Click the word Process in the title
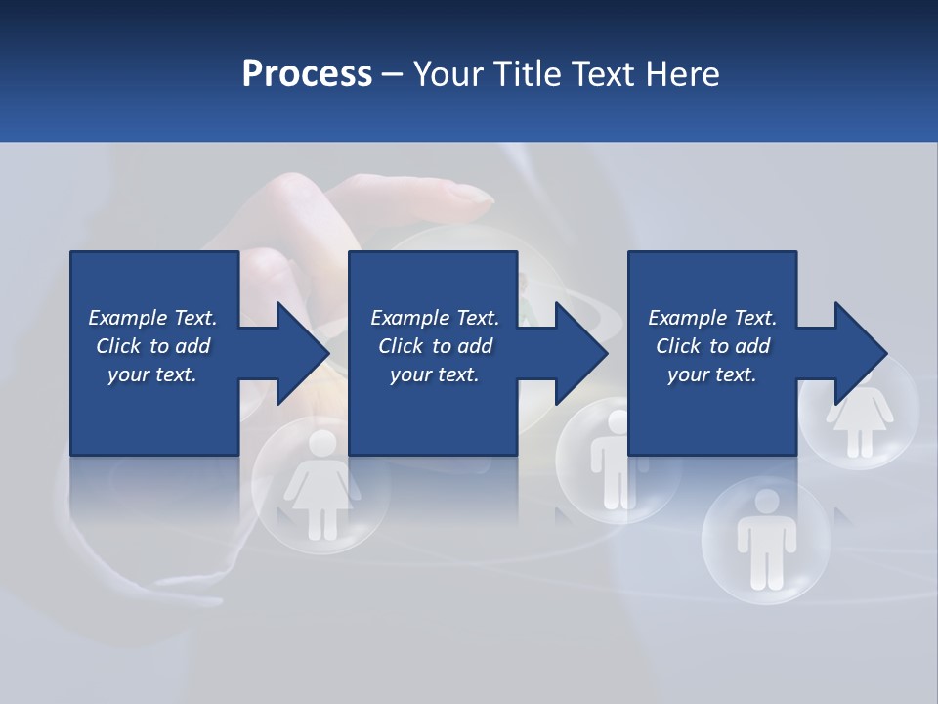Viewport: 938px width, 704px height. click(x=307, y=73)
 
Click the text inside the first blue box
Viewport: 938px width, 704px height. click(x=152, y=346)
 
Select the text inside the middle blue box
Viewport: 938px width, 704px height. click(x=434, y=346)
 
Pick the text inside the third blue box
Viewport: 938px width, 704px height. click(x=712, y=346)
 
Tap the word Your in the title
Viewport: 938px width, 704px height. click(x=448, y=73)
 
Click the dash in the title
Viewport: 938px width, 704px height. click(x=393, y=74)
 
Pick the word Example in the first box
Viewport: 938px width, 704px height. click(x=128, y=318)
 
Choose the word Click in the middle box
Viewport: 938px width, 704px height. click(x=400, y=346)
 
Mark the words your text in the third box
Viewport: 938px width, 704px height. click(x=712, y=374)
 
